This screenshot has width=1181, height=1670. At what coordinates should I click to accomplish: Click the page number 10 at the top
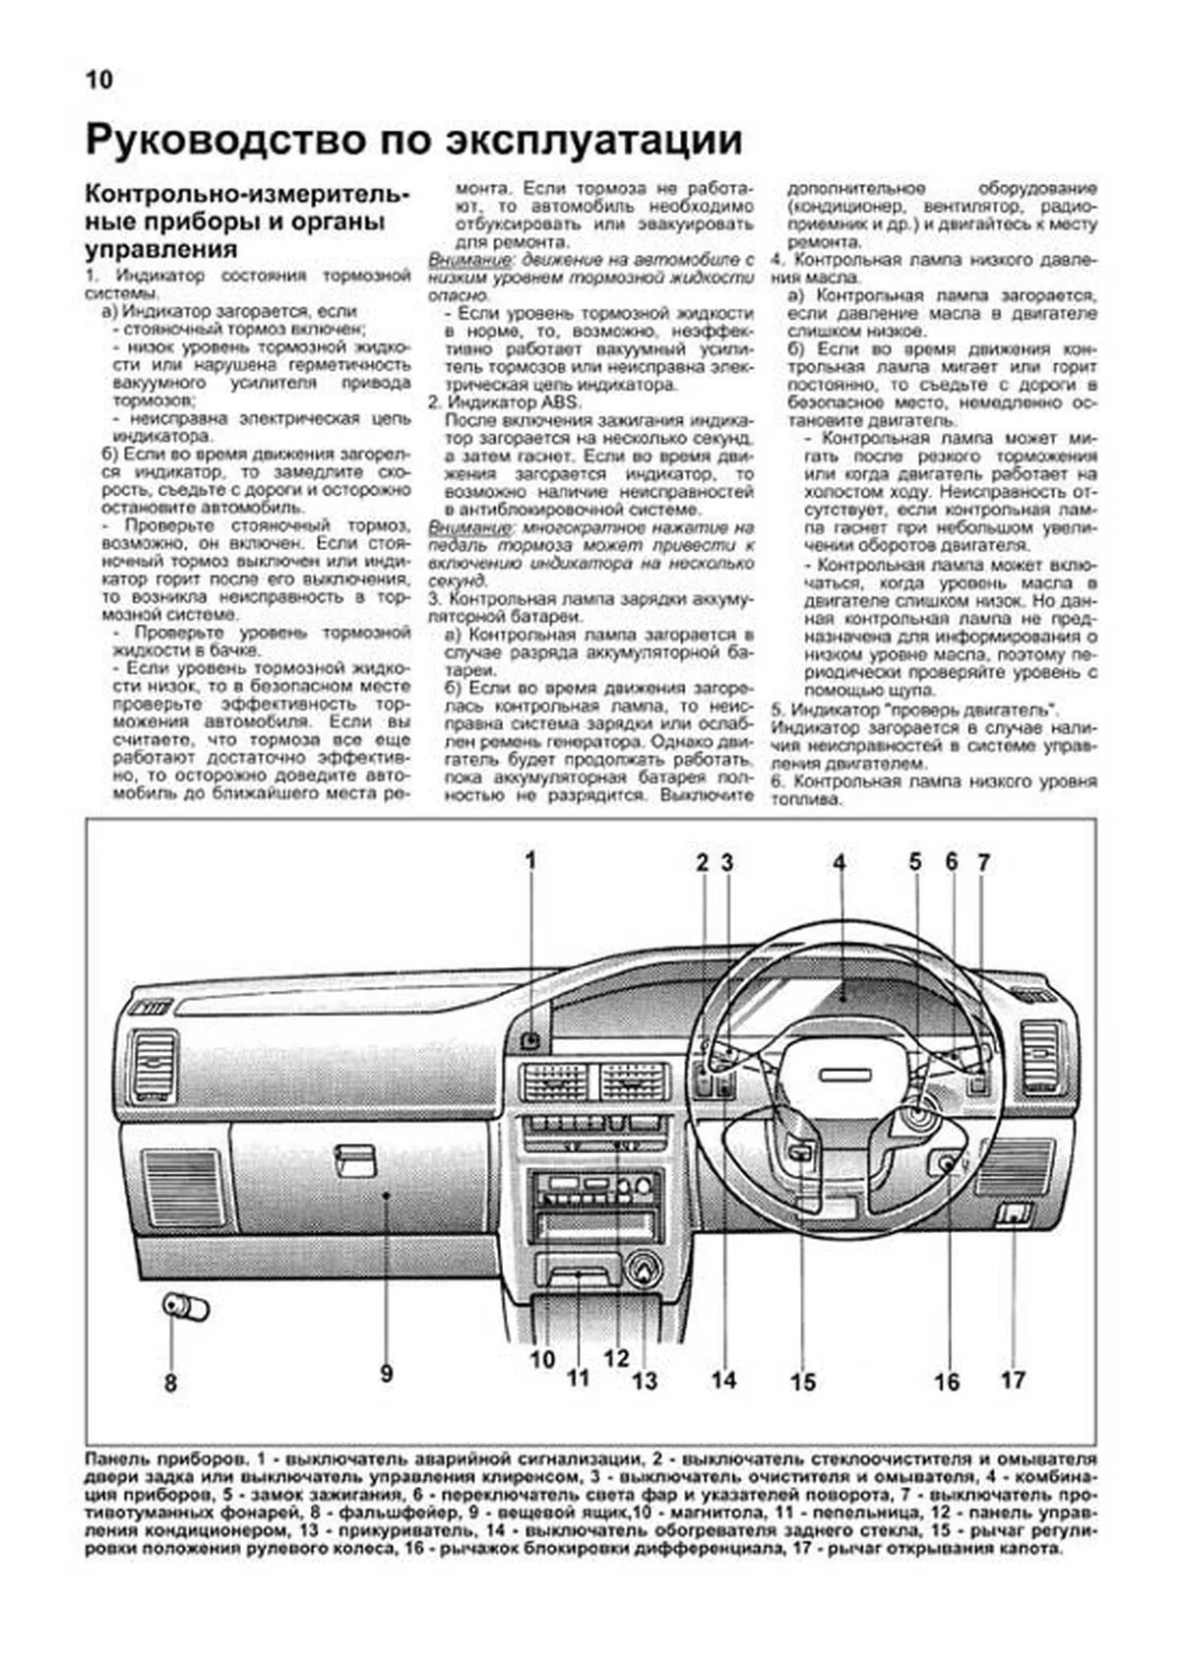click(x=99, y=80)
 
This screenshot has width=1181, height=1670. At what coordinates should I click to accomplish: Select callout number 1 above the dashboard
click(x=530, y=861)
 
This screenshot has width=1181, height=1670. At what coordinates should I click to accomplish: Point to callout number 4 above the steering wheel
click(x=839, y=863)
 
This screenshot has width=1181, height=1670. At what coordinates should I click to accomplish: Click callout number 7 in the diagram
click(x=983, y=863)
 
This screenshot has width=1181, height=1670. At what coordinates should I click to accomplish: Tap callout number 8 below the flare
click(x=170, y=1383)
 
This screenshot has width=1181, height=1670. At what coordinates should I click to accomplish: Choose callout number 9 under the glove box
click(x=386, y=1372)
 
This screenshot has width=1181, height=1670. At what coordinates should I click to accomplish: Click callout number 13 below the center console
click(x=644, y=1381)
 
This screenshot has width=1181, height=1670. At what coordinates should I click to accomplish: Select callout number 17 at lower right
click(x=1013, y=1380)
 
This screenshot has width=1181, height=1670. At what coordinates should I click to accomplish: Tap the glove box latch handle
click(x=354, y=1160)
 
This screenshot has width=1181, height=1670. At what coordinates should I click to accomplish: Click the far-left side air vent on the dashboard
click(x=155, y=1062)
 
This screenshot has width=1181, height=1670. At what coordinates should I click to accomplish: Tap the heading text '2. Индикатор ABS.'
click(x=504, y=402)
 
